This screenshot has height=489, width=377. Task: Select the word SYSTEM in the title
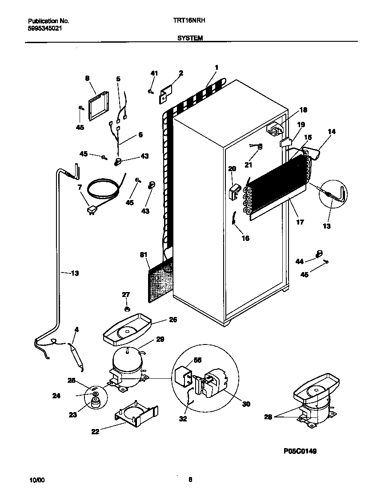(190, 39)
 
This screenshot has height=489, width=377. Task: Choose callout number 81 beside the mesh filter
(144, 255)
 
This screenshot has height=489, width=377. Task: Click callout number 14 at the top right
(332, 132)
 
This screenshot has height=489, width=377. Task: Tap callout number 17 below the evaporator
(300, 222)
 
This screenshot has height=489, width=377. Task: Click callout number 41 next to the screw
(154, 73)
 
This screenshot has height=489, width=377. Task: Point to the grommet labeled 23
(95, 402)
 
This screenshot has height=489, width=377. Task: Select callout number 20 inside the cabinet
(232, 168)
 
